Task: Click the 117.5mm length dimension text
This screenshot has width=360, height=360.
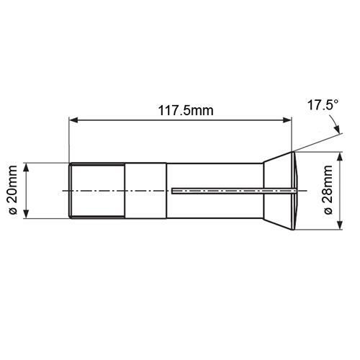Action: point(186,111)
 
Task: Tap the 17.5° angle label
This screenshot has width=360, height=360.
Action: point(323,105)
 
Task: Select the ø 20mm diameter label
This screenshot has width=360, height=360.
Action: point(12,190)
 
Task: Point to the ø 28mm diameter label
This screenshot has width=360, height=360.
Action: point(328,190)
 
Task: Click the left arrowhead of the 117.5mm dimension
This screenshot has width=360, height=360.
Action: point(73,120)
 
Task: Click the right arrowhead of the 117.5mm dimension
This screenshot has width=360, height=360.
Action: point(287,120)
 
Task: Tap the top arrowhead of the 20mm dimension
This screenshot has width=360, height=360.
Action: point(26,167)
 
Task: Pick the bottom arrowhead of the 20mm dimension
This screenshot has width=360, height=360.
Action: point(26,214)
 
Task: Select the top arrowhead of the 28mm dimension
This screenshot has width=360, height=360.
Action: point(340,156)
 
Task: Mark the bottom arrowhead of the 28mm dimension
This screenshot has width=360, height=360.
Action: point(340,225)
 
